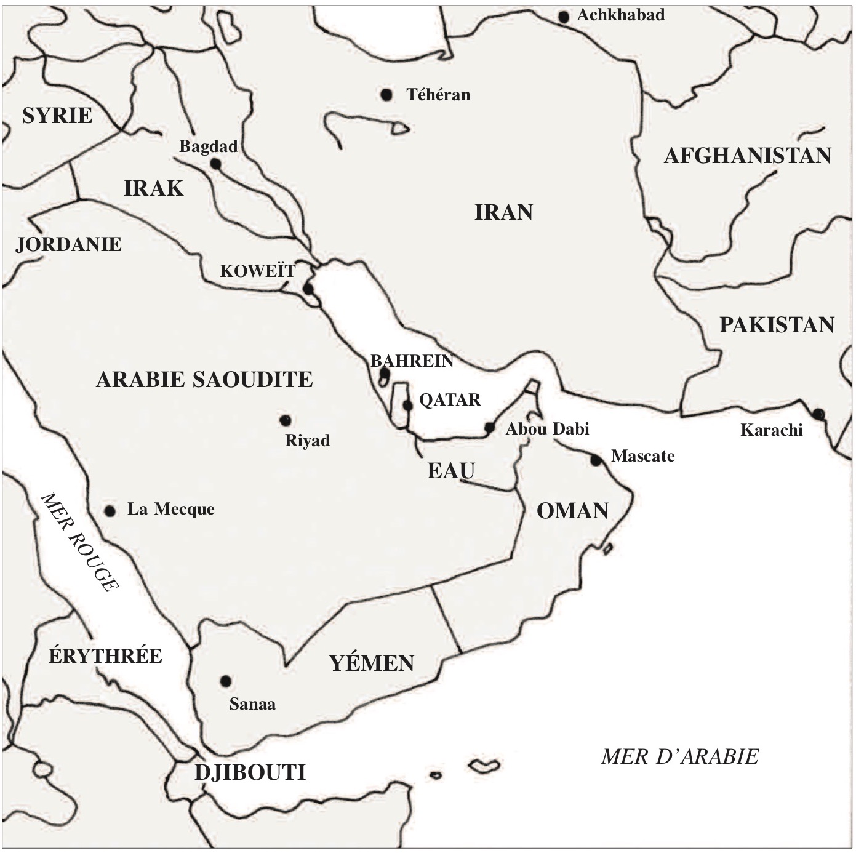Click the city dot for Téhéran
[x=386, y=95]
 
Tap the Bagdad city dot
[x=215, y=164]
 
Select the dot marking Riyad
[x=286, y=420]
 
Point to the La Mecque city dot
[x=110, y=511]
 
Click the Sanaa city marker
[x=226, y=681]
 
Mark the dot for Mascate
[x=596, y=460]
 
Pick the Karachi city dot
[x=818, y=414]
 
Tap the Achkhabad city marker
[x=564, y=17]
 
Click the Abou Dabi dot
[x=490, y=427]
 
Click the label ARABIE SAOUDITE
[x=204, y=380]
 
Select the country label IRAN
[x=503, y=212]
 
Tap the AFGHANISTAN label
[x=747, y=156]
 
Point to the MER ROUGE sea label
[x=79, y=542]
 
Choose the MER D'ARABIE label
[x=679, y=756]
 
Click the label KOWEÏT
[x=258, y=271]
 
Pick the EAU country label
[x=451, y=471]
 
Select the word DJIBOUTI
[x=250, y=772]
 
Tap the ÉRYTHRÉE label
[x=105, y=656]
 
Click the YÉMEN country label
[x=372, y=663]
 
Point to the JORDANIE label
[x=68, y=244]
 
